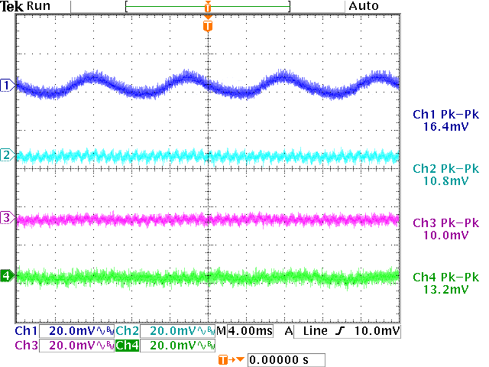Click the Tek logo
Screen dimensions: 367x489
click(x=11, y=6)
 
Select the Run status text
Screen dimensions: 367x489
click(x=38, y=6)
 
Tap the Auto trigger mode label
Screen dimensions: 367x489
click(x=363, y=6)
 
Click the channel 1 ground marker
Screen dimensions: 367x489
click(x=7, y=85)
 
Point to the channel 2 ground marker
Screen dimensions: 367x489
click(x=7, y=155)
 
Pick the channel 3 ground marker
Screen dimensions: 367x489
click(x=7, y=219)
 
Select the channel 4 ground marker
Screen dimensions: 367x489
click(x=7, y=275)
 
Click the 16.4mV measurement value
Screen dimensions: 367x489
click(x=445, y=125)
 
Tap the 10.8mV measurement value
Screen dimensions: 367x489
click(x=445, y=181)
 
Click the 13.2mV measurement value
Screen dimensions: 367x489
click(x=445, y=290)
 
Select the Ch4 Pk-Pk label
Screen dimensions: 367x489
click(x=445, y=277)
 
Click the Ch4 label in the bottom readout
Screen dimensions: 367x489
click(x=128, y=346)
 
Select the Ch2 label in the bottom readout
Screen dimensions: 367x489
click(x=128, y=332)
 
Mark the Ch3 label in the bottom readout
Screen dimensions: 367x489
click(x=26, y=346)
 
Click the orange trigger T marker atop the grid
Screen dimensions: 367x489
click(x=208, y=26)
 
